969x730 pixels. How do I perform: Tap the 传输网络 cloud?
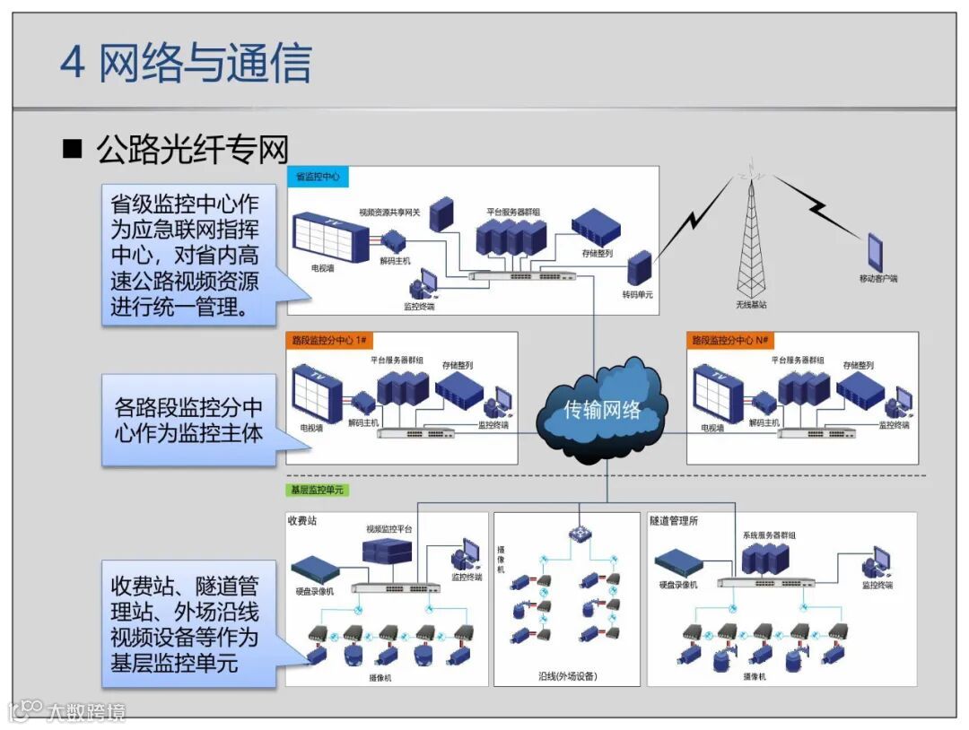tap(602, 410)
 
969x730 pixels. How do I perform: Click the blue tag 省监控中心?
tap(318, 177)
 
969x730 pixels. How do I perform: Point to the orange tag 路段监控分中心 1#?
tap(331, 341)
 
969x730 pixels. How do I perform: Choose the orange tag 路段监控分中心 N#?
tap(732, 341)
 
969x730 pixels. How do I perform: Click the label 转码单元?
tap(638, 295)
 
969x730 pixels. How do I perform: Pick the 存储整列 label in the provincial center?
tap(597, 254)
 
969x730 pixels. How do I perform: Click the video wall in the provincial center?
tap(329, 235)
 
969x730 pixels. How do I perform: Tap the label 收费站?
tap(302, 520)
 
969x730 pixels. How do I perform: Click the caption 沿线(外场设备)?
tap(566, 675)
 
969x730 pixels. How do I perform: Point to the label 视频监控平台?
tap(388, 530)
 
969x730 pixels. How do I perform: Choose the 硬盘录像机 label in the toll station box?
tap(314, 591)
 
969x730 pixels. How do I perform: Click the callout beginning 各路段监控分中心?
tap(188, 420)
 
